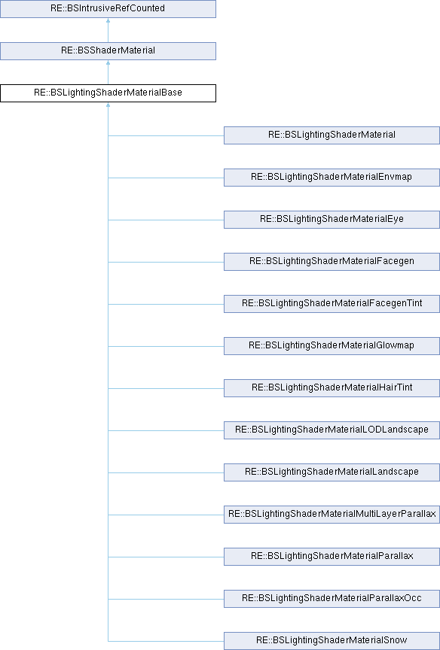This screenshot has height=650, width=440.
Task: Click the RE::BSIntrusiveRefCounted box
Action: coord(108,9)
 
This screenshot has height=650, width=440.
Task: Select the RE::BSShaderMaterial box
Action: coord(108,51)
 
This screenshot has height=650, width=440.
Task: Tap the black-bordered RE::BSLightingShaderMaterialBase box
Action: coord(108,93)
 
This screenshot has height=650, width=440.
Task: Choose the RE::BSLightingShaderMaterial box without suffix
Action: coord(332,135)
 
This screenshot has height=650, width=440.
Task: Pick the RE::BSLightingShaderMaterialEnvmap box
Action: coord(332,178)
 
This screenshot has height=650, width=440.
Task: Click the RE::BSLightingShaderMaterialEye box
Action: coord(332,219)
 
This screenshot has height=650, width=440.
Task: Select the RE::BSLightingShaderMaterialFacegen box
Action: coord(332,262)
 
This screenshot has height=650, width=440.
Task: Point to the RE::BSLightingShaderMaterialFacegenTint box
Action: coord(332,304)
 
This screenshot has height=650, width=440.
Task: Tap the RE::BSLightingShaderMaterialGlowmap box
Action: coord(332,346)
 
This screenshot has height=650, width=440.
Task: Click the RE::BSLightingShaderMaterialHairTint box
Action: coord(332,388)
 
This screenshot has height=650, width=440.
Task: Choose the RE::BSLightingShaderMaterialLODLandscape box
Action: coord(332,430)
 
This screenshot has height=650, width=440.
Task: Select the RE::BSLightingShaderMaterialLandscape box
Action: coord(332,472)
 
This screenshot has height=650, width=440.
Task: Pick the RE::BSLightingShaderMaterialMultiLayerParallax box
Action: coord(332,515)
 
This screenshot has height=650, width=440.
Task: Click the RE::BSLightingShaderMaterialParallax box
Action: coord(332,557)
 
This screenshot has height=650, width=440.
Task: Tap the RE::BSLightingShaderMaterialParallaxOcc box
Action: coord(332,599)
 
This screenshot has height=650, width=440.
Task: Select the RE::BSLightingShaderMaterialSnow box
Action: coord(332,641)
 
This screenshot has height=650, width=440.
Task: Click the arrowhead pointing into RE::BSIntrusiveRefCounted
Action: coord(108,20)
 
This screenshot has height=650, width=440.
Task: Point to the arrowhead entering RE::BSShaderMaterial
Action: coord(108,62)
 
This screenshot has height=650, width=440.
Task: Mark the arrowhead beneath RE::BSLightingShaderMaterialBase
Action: coord(108,105)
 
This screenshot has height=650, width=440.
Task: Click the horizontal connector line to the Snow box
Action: coord(166,641)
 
